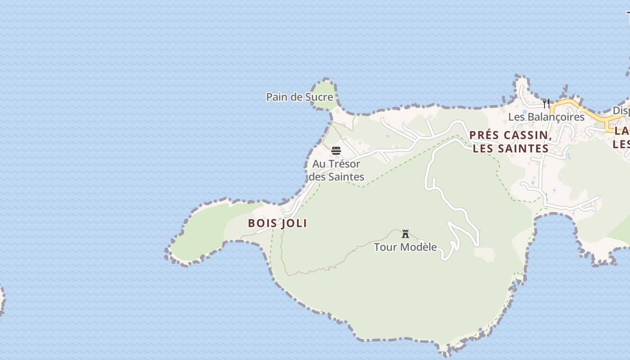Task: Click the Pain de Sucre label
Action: tap(299, 97)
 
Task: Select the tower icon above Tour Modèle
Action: tap(405, 234)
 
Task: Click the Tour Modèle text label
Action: tap(405, 247)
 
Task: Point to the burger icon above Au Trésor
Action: tap(336, 150)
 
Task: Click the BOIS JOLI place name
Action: tap(278, 223)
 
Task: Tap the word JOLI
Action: tap(294, 223)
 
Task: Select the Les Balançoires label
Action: tap(546, 117)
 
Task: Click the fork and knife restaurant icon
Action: tap(546, 103)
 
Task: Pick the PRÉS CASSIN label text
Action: tap(510, 135)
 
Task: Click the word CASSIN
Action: tap(527, 135)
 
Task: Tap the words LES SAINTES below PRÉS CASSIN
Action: tap(510, 148)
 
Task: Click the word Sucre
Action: tap(318, 97)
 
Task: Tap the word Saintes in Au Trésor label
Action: tap(345, 177)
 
